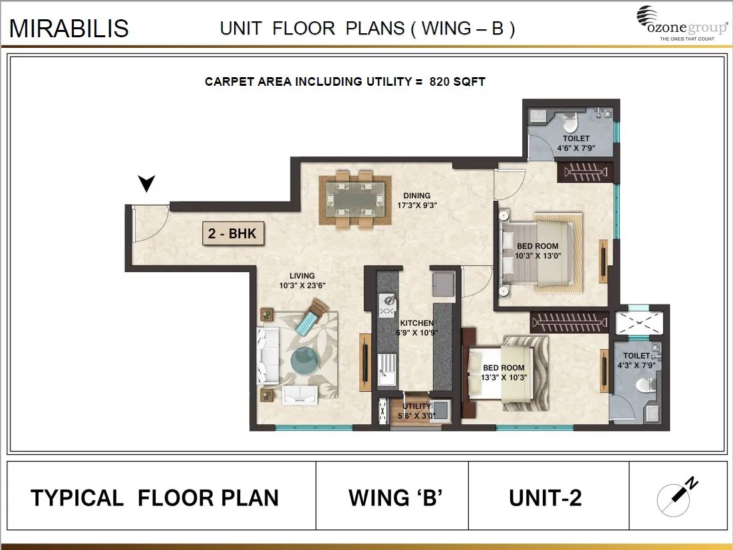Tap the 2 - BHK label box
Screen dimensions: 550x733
[233, 234]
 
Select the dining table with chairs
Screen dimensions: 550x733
[353, 200]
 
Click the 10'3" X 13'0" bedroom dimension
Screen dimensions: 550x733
[537, 255]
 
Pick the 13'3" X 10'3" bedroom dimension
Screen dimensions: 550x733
[504, 377]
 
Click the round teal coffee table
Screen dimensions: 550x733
[306, 362]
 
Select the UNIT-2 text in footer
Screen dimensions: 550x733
[545, 497]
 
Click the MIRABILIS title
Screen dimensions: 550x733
[69, 29]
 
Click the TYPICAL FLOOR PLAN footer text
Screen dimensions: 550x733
[155, 497]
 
